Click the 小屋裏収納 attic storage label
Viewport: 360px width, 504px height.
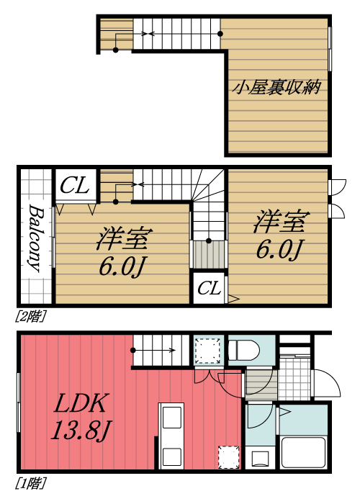pos(276,88)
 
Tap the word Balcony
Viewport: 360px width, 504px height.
pos(34,237)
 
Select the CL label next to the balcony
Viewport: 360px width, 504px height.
pos(74,186)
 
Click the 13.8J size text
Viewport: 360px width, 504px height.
pos(80,431)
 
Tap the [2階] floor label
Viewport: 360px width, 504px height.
pos(27,315)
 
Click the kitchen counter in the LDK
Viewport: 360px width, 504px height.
pos(171,436)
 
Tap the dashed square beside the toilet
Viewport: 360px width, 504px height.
pos(210,351)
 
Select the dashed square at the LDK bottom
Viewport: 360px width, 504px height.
pos(228,456)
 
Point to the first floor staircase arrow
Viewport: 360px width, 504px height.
pos(154,351)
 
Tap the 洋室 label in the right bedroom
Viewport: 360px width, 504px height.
pos(280,222)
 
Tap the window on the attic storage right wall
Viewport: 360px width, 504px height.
pos(329,49)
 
